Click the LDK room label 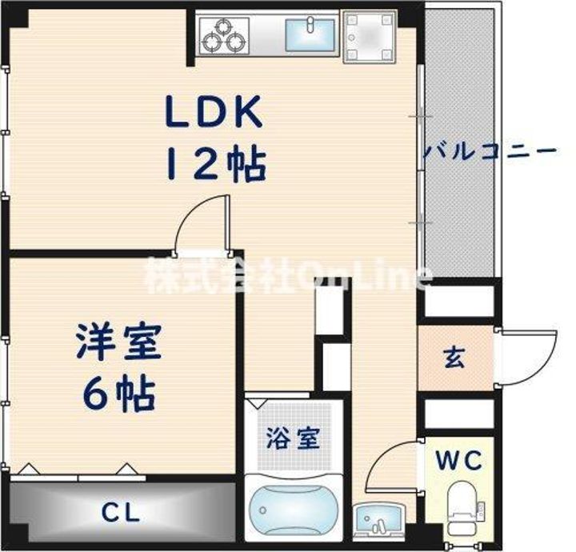pyautogui.click(x=214, y=111)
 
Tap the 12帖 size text pyautogui.click(x=216, y=164)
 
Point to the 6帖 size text pyautogui.click(x=118, y=393)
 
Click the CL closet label pyautogui.click(x=121, y=513)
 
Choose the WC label pyautogui.click(x=458, y=460)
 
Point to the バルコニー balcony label pyautogui.click(x=490, y=151)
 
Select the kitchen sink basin pyautogui.click(x=310, y=34)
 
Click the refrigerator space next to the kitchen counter pyautogui.click(x=370, y=36)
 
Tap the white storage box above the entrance pyautogui.click(x=459, y=302)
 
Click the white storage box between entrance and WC pyautogui.click(x=459, y=414)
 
